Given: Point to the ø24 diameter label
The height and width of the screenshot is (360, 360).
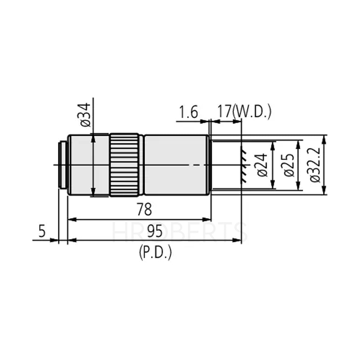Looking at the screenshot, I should pyautogui.click(x=262, y=165).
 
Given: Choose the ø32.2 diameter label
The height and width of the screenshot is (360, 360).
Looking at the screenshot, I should pyautogui.click(x=316, y=165).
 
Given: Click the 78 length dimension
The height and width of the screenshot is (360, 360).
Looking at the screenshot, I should pyautogui.click(x=144, y=210).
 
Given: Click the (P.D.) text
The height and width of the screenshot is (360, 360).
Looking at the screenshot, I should pyautogui.click(x=154, y=253).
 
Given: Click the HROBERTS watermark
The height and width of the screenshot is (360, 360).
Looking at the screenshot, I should pyautogui.click(x=180, y=232).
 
